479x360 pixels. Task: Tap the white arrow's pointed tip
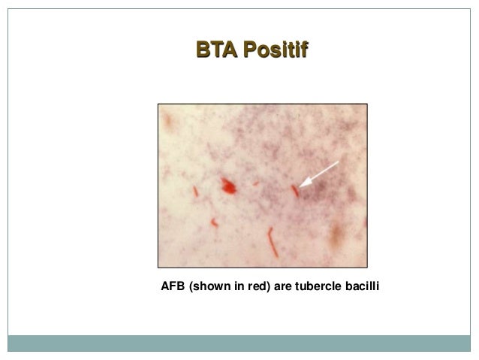pos(300,186)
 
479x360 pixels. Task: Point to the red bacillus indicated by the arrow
pos(295,190)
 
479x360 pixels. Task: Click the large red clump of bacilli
pos(228,186)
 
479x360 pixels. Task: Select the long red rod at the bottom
pos(272,242)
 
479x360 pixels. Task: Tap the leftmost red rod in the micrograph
pos(194,191)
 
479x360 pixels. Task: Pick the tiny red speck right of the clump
pos(255,183)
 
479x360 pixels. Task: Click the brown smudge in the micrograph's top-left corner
pos(169,118)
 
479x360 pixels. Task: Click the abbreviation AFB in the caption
pos(173,286)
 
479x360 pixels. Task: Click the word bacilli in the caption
pos(361,286)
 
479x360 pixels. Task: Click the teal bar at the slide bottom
pos(239,343)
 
